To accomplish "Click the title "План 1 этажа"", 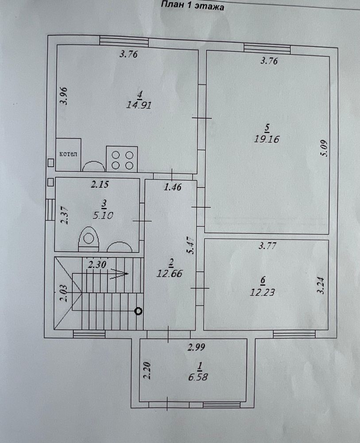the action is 193,6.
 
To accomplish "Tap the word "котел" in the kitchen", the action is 68,154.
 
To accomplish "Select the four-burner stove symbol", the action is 122,159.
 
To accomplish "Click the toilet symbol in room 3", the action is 89,239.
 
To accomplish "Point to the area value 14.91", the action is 139,105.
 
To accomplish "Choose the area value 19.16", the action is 267,139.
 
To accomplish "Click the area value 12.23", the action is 262,292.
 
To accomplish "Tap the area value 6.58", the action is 198,377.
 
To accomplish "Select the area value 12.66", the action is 170,273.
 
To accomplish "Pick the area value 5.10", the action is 103,215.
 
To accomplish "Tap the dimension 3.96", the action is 65,96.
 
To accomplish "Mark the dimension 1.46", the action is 173,187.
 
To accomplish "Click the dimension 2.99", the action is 197,347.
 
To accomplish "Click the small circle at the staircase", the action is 138,311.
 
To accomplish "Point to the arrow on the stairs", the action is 119,274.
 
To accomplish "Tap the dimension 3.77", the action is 267,246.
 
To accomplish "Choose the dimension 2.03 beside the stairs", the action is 64,293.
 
